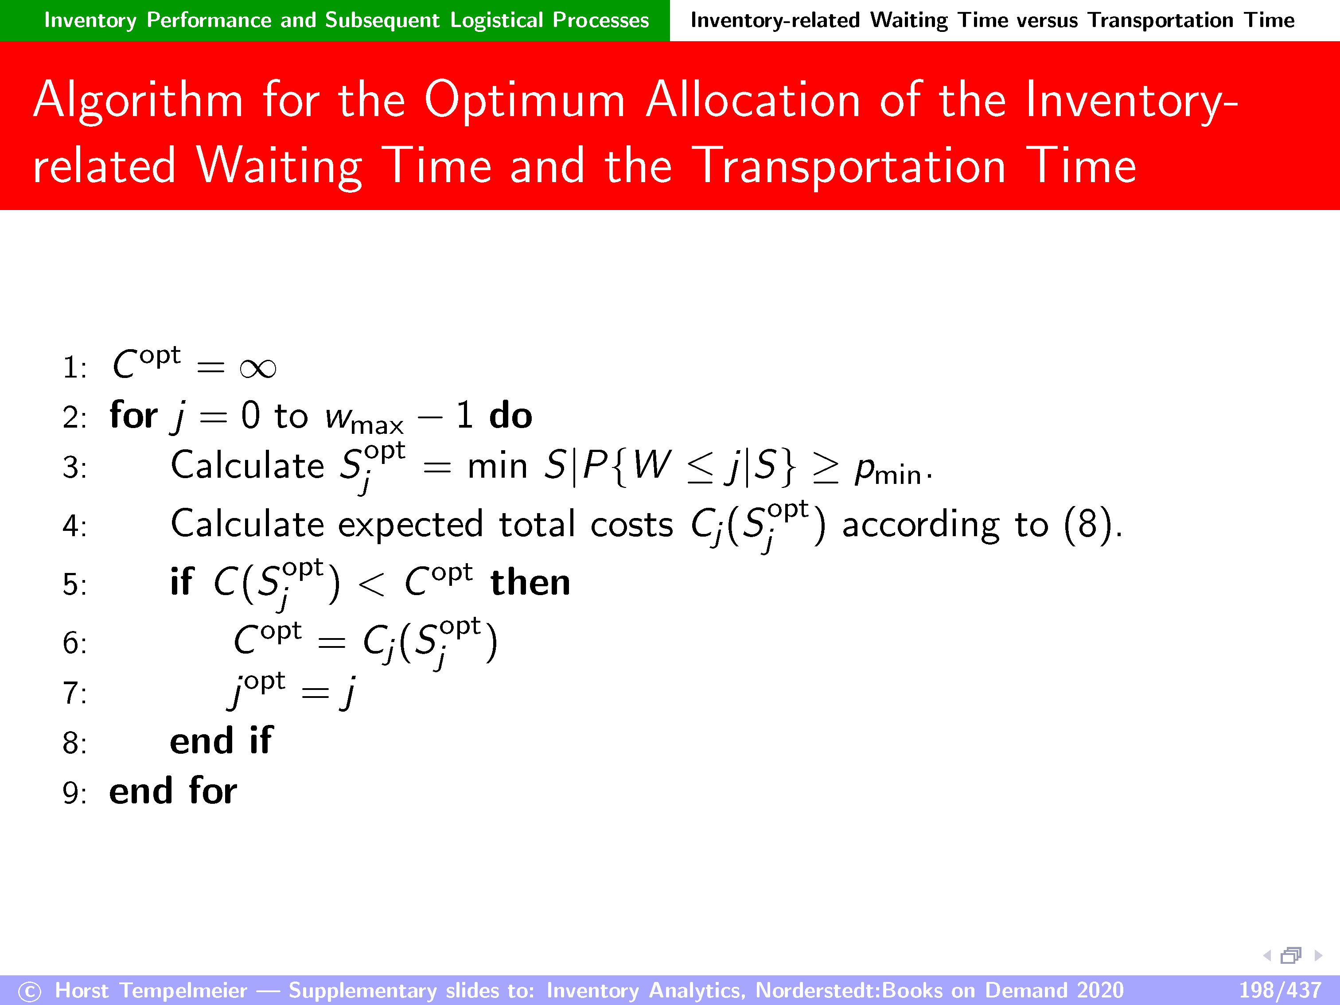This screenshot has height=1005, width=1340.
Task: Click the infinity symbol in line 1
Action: (258, 368)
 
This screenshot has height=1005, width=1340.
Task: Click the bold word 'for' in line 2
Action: (133, 416)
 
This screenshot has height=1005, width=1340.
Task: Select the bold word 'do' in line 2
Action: (510, 416)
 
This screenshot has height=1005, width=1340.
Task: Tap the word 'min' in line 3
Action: (497, 467)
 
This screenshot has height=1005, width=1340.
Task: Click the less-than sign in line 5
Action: (371, 584)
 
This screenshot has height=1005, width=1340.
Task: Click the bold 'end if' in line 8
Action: (221, 741)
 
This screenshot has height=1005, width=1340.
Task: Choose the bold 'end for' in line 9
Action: (173, 791)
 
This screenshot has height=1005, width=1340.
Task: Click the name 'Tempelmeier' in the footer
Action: (183, 990)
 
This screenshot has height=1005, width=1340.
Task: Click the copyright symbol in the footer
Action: (30, 992)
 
